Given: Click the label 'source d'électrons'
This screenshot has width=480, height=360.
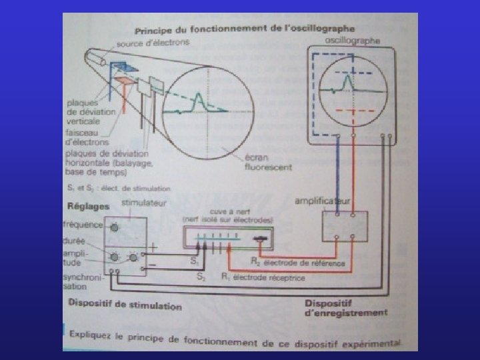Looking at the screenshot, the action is pyautogui.click(x=151, y=43).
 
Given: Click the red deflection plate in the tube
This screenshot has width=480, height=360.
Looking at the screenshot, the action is pyautogui.click(x=124, y=80).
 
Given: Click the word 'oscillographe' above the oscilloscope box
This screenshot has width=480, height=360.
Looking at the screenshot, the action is pyautogui.click(x=353, y=41).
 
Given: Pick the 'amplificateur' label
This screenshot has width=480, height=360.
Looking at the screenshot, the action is pyautogui.click(x=325, y=200).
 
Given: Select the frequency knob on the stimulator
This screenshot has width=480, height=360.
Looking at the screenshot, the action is pyautogui.click(x=115, y=228).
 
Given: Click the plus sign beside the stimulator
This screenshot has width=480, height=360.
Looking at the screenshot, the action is pyautogui.click(x=155, y=247).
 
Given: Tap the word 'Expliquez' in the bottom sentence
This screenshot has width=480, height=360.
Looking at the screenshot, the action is pyautogui.click(x=94, y=331).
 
